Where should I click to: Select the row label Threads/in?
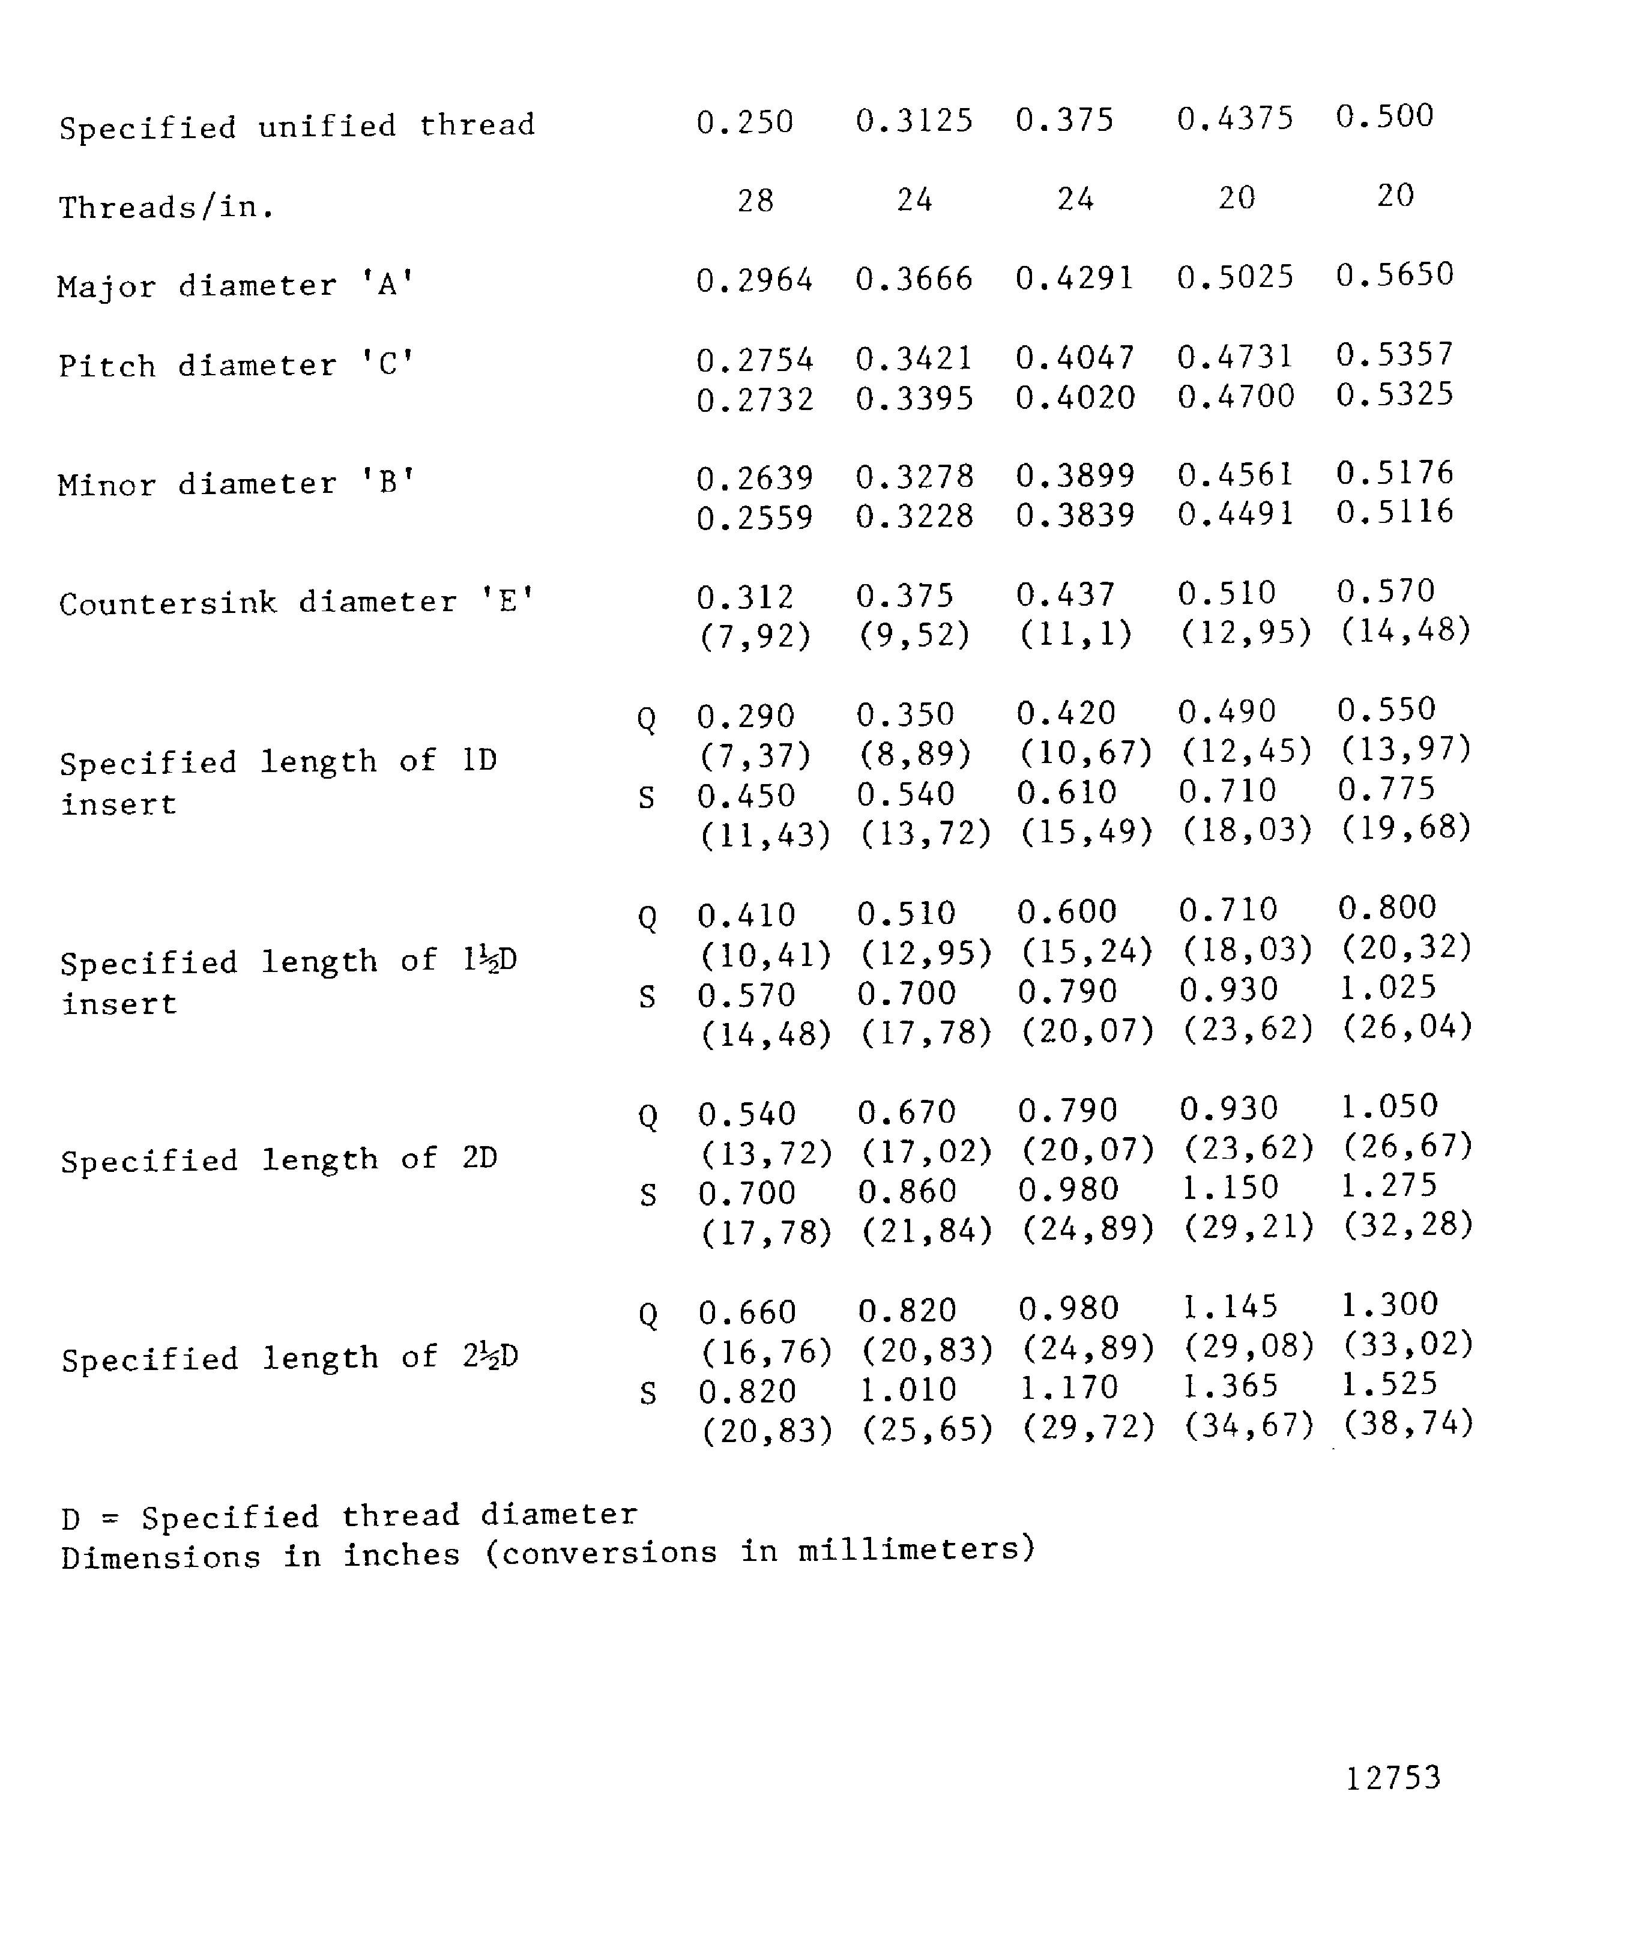point(167,207)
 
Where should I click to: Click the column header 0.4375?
point(1235,118)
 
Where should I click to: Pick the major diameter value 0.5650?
point(1395,275)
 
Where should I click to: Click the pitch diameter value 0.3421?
point(914,358)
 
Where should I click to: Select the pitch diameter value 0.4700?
point(1235,396)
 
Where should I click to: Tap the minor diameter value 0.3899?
point(1075,475)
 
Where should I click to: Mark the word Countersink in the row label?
point(168,603)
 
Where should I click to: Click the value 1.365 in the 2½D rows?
point(1230,1386)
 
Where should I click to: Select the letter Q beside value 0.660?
point(648,1315)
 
